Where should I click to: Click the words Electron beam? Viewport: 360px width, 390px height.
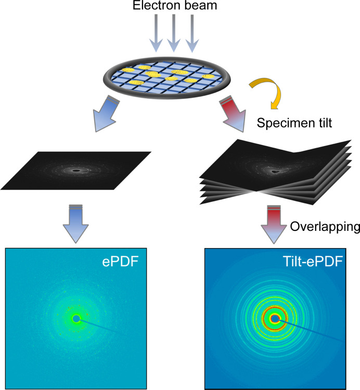175,5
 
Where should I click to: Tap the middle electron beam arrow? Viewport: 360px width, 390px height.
174,33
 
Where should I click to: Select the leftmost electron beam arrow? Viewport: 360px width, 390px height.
156,33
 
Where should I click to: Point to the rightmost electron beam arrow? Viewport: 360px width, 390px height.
192,33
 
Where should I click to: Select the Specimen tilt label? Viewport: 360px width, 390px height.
294,123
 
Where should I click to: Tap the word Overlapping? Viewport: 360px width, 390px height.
325,227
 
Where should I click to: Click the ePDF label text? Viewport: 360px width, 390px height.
120,262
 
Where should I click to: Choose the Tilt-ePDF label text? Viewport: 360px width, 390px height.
313,262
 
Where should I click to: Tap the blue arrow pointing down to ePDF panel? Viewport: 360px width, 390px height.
75,224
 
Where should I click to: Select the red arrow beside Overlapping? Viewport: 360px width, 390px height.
274,224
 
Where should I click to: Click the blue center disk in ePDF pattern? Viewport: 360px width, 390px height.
76,319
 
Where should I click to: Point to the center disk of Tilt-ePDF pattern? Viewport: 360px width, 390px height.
275,319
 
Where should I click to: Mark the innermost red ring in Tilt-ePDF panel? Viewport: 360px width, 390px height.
275,307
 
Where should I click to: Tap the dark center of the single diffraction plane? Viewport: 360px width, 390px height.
75,171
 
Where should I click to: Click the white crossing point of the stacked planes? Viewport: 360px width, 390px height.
256,191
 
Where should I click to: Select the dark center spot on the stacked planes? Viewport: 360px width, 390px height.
275,172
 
